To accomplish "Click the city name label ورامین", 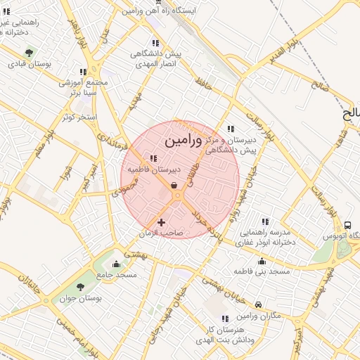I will pos(183,141).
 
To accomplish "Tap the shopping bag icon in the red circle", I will pos(174,186).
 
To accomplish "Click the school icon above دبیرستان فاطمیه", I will pos(153,157).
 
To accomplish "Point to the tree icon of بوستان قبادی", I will pos(29,53).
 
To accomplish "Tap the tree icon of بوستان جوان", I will pos(79,287).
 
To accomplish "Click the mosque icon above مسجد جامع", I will pos(116,264).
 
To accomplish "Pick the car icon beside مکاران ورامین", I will pos(259,305).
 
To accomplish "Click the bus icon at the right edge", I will pos(348,225).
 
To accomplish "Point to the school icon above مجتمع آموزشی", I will pos(83,72).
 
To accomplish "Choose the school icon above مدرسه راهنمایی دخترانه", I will pos(264,221).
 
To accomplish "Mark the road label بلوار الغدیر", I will pos(274,53).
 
